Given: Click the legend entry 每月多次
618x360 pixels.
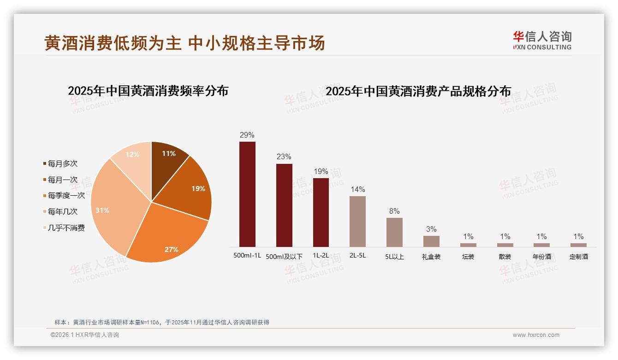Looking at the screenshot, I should tap(62, 164).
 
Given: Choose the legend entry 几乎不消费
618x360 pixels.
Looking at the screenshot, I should tap(66, 228).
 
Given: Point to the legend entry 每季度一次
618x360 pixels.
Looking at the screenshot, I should tap(66, 196).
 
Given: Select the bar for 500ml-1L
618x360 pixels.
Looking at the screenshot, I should tap(247, 194).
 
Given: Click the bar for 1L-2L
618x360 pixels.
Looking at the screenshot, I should tap(321, 212).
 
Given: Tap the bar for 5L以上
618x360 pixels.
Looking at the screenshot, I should tap(394, 232).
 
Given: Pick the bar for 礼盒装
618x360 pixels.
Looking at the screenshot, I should tap(431, 241).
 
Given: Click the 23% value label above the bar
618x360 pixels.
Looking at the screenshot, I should tap(284, 156).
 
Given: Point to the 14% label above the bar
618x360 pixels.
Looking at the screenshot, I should tap(357, 189).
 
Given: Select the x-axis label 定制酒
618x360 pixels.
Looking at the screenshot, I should tap(578, 257).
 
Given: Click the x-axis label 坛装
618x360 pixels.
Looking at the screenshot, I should tap(468, 257).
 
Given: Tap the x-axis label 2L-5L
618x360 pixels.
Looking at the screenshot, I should tap(357, 255).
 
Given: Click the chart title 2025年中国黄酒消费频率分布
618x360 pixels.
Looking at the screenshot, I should tap(148, 90).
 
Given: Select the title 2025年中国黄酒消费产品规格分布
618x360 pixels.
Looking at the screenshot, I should tap(418, 91).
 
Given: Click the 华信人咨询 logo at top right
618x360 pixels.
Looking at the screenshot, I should tap(542, 40).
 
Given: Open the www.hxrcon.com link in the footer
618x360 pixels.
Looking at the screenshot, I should tap(535, 335).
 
